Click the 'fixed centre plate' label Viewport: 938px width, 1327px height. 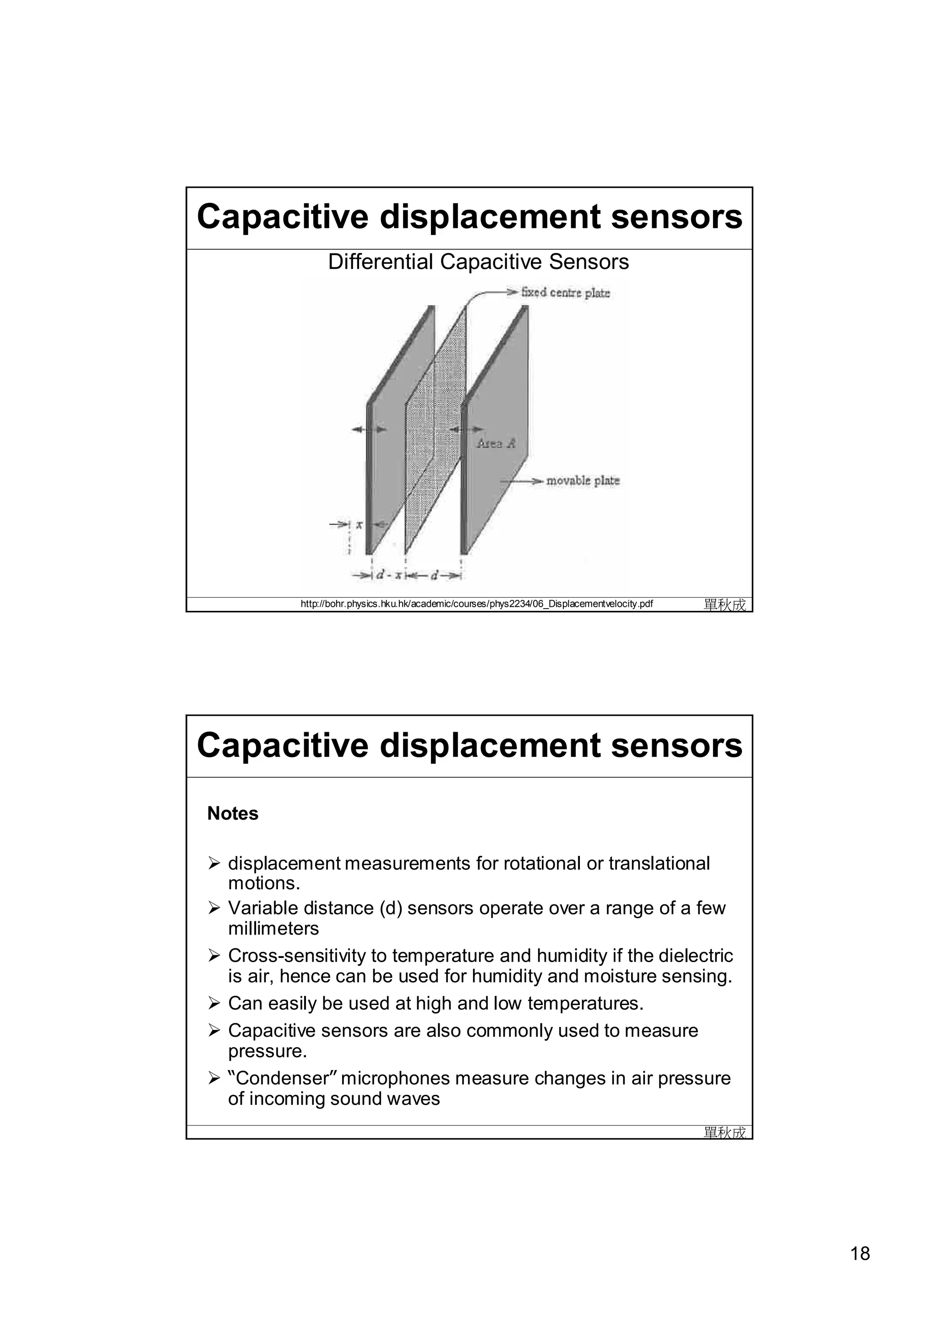click(x=565, y=293)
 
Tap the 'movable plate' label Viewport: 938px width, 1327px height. click(x=583, y=481)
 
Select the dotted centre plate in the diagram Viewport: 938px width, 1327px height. click(x=435, y=428)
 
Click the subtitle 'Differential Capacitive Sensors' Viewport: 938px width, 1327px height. click(x=478, y=262)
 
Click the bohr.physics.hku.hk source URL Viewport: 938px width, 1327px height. click(x=477, y=604)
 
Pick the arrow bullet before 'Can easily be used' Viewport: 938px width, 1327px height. click(x=214, y=1004)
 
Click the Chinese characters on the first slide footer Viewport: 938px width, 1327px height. click(x=725, y=604)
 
